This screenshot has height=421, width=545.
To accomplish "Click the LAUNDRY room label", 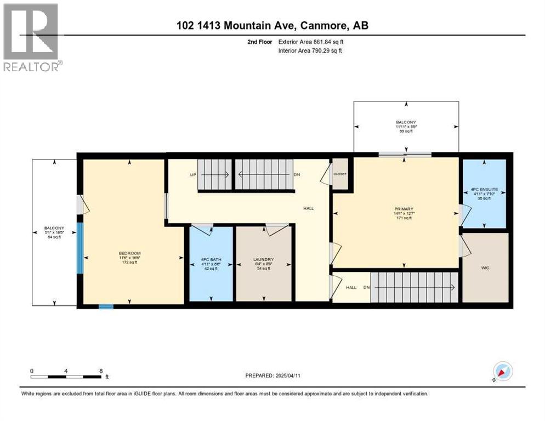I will click(263, 259).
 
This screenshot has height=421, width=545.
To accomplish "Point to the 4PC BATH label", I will click(211, 259).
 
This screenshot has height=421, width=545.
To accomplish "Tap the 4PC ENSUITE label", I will click(483, 192).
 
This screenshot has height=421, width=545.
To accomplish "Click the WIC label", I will click(485, 268).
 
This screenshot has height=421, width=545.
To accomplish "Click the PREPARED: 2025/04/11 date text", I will click(272, 376).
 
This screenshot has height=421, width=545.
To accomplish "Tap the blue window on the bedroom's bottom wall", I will click(106, 306).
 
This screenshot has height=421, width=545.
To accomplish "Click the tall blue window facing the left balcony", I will click(80, 248).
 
